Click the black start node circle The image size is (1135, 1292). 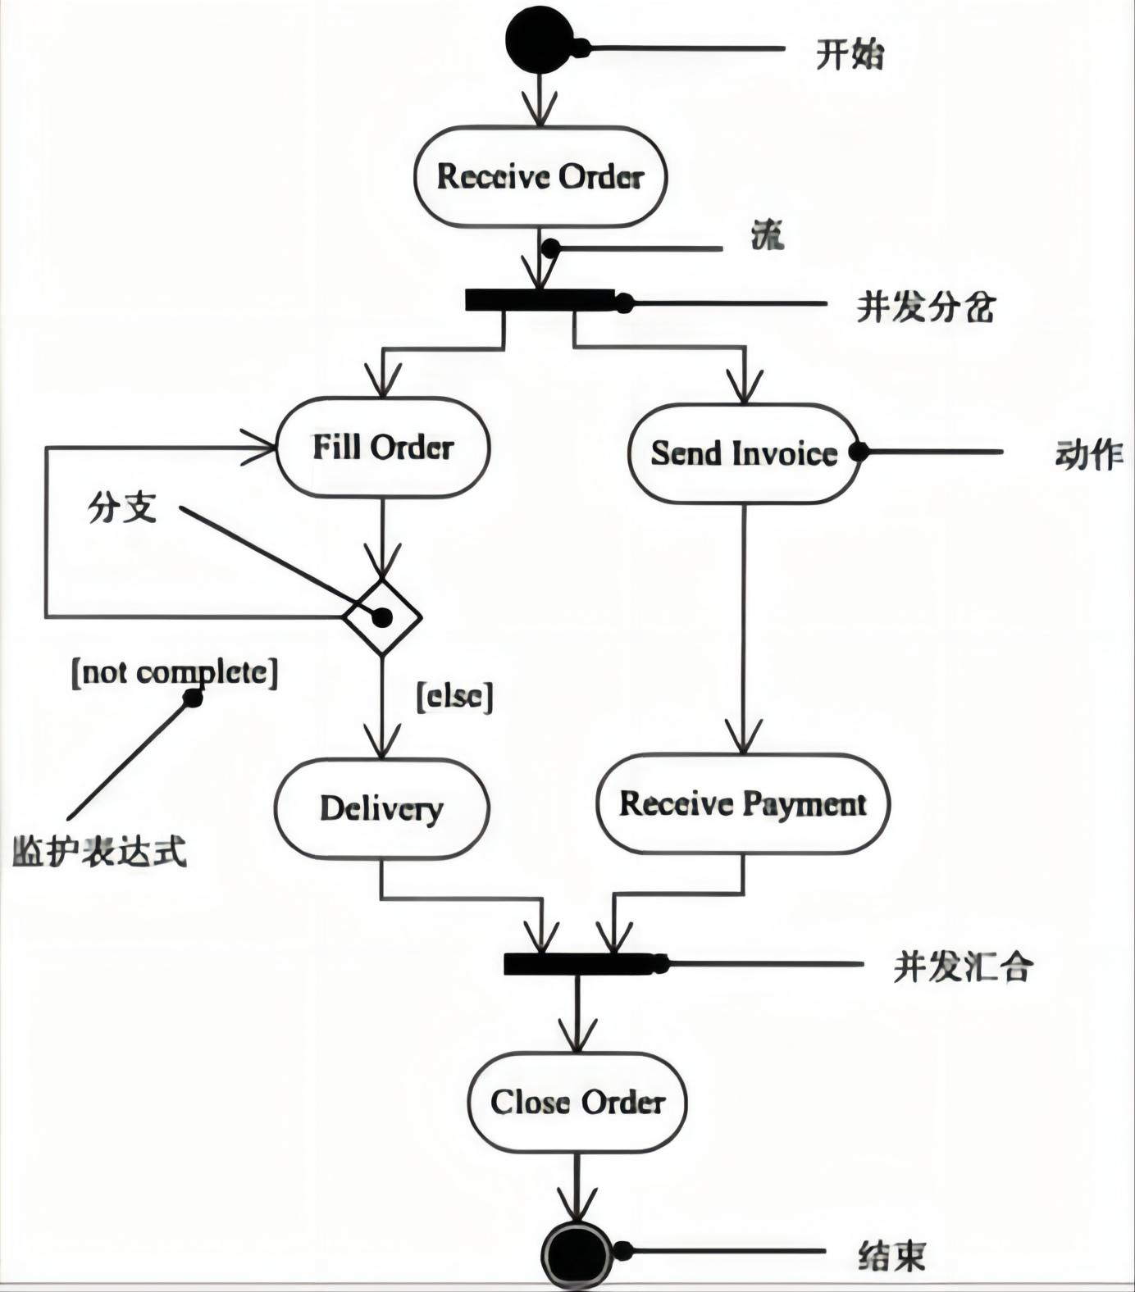539,40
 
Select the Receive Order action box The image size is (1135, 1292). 540,176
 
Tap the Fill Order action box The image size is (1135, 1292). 383,448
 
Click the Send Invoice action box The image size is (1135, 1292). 744,453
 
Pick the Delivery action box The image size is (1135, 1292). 381,808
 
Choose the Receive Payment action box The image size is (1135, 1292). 742,803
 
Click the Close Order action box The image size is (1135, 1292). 577,1102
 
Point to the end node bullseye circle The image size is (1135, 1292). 577,1255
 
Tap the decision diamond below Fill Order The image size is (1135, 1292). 382,616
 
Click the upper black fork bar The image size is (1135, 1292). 540,300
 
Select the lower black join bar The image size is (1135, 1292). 578,964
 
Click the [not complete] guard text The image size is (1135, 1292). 175,672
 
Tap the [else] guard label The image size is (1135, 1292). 455,697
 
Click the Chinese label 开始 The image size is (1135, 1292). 850,55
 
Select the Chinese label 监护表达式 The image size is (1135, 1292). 99,851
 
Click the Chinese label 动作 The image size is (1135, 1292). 1088,453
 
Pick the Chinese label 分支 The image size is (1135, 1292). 121,508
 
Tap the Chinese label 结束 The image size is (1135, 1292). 891,1255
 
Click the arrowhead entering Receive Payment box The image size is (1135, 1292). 744,739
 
